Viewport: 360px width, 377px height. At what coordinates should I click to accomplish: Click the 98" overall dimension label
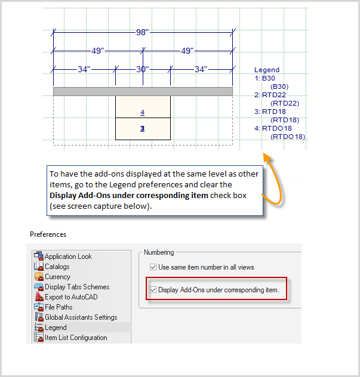pyautogui.click(x=141, y=32)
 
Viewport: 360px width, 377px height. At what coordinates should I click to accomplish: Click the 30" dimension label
pyautogui.click(x=141, y=69)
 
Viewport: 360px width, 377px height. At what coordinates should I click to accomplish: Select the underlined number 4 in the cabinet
pyautogui.click(x=142, y=112)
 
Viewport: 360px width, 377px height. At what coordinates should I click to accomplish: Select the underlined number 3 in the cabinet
pyautogui.click(x=142, y=128)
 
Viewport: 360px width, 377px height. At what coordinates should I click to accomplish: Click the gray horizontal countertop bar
pyautogui.click(x=143, y=91)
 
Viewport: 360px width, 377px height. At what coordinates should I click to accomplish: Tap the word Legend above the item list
pyautogui.click(x=266, y=70)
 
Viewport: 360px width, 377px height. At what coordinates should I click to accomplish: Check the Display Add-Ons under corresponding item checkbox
pyautogui.click(x=153, y=290)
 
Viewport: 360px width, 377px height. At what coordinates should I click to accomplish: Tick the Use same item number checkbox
pyautogui.click(x=153, y=267)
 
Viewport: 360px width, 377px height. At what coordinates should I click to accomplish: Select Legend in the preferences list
pyautogui.click(x=56, y=327)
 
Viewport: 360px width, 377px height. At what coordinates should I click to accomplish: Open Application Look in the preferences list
pyautogui.click(x=68, y=257)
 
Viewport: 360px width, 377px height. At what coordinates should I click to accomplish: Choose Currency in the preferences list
pyautogui.click(x=57, y=277)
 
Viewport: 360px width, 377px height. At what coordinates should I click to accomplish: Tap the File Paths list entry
pyautogui.click(x=59, y=307)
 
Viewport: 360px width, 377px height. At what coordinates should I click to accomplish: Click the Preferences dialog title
pyautogui.click(x=48, y=234)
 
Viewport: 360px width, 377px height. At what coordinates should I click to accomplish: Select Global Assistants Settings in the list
pyautogui.click(x=81, y=317)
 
